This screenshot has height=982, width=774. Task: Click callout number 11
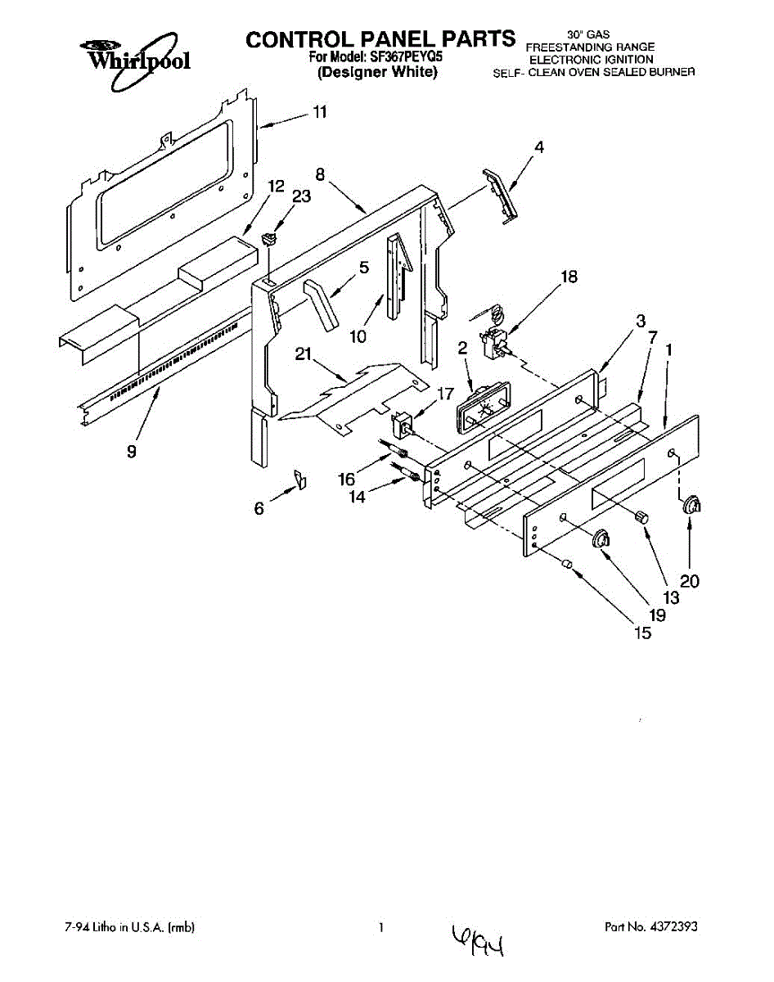(320, 112)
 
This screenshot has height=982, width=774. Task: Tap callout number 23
(302, 196)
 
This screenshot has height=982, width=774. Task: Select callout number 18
(569, 277)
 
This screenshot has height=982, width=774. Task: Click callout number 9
(132, 451)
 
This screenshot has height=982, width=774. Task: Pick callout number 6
(259, 508)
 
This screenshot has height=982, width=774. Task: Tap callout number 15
(643, 633)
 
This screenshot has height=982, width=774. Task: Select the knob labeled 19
(602, 538)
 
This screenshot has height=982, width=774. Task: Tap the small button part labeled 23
(268, 239)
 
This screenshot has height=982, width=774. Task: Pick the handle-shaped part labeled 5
(320, 304)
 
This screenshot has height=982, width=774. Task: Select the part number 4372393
(674, 927)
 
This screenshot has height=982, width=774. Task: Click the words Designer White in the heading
(378, 72)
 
